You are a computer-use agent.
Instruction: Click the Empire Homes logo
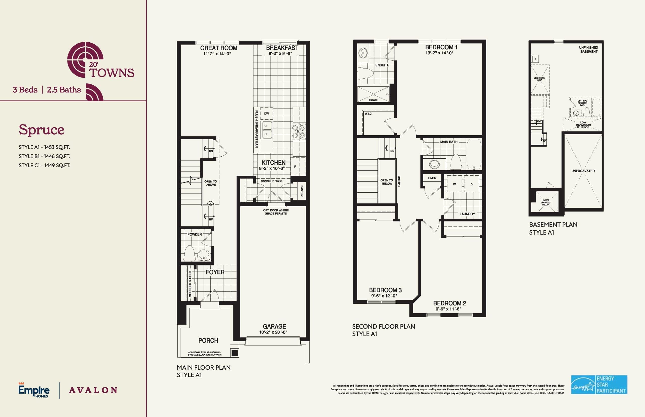(34, 390)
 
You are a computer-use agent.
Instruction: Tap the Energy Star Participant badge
(599, 385)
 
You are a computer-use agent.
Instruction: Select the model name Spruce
(42, 130)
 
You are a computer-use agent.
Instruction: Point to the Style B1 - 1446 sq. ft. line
(44, 156)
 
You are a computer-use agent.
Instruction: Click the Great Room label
(219, 48)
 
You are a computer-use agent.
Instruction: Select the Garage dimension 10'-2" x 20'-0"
(273, 332)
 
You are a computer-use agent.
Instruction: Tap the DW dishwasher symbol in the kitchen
(267, 114)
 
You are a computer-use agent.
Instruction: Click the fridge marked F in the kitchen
(295, 166)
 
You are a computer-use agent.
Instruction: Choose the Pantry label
(302, 191)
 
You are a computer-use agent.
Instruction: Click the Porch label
(208, 341)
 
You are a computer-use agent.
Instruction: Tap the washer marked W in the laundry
(454, 184)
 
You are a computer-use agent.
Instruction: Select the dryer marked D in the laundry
(471, 184)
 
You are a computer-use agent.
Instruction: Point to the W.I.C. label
(368, 114)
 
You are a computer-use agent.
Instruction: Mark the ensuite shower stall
(373, 94)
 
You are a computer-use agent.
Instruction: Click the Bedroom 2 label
(449, 303)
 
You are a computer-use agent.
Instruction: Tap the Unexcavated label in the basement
(583, 171)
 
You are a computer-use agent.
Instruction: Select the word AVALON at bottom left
(93, 390)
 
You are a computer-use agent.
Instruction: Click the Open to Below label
(386, 182)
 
